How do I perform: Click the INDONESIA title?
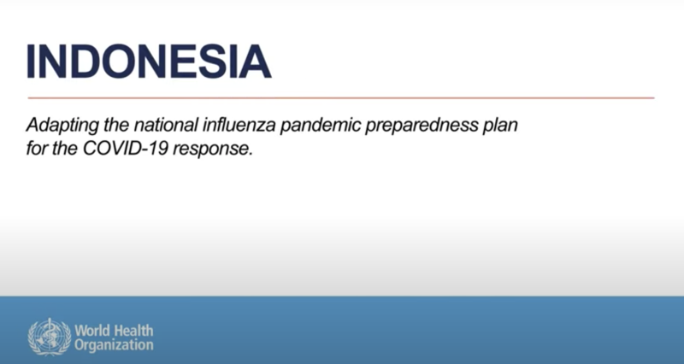point(149,61)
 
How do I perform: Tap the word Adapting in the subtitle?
point(62,126)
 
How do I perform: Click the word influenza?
point(239,125)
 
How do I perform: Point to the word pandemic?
point(320,126)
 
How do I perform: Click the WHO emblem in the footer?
point(49,337)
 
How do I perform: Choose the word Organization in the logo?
point(114,346)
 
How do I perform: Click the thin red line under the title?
point(341,98)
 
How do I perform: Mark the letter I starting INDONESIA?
point(31,61)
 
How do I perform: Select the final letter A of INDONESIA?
point(254,61)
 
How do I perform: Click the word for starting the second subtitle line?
point(37,149)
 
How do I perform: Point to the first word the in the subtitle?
point(116,125)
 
